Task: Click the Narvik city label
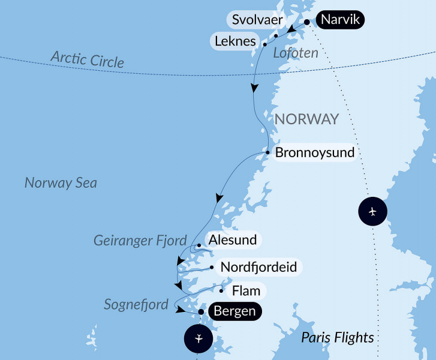coord(340,20)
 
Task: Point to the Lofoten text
coord(295,53)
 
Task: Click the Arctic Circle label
coord(88,59)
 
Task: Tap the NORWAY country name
coord(306,119)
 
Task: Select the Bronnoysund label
coord(315,153)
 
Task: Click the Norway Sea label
coord(61,182)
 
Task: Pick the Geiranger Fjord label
coord(140,241)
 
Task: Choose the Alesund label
coord(232,241)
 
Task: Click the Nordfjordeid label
coord(258,267)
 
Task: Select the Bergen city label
coord(234,311)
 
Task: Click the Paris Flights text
coord(338,337)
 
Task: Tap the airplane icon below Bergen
coord(199,338)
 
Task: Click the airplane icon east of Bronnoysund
coord(372,212)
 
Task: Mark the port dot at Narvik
coord(307,22)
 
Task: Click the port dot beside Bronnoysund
coord(267,152)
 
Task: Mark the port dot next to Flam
coord(222,291)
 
